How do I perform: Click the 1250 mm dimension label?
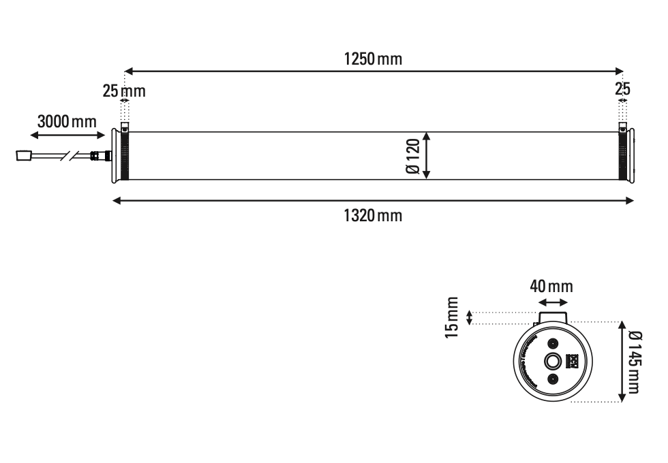pyautogui.click(x=372, y=59)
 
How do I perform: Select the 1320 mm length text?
pyautogui.click(x=372, y=217)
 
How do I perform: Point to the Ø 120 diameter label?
pyautogui.click(x=412, y=156)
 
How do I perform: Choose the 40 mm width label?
pyautogui.click(x=551, y=286)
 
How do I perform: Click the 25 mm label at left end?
pyautogui.click(x=124, y=91)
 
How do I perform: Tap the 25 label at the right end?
pyautogui.click(x=622, y=90)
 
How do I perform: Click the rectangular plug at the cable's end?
pyautogui.click(x=23, y=156)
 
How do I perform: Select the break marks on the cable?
pyautogui.click(x=70, y=156)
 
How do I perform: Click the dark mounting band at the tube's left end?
pyautogui.click(x=124, y=156)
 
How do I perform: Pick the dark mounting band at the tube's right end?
pyautogui.click(x=622, y=156)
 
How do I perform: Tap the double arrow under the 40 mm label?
pyautogui.click(x=553, y=302)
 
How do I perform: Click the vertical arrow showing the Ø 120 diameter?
pyautogui.click(x=426, y=156)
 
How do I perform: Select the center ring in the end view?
pyautogui.click(x=552, y=361)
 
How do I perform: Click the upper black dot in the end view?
pyautogui.click(x=553, y=344)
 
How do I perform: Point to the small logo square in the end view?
pyautogui.click(x=572, y=361)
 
